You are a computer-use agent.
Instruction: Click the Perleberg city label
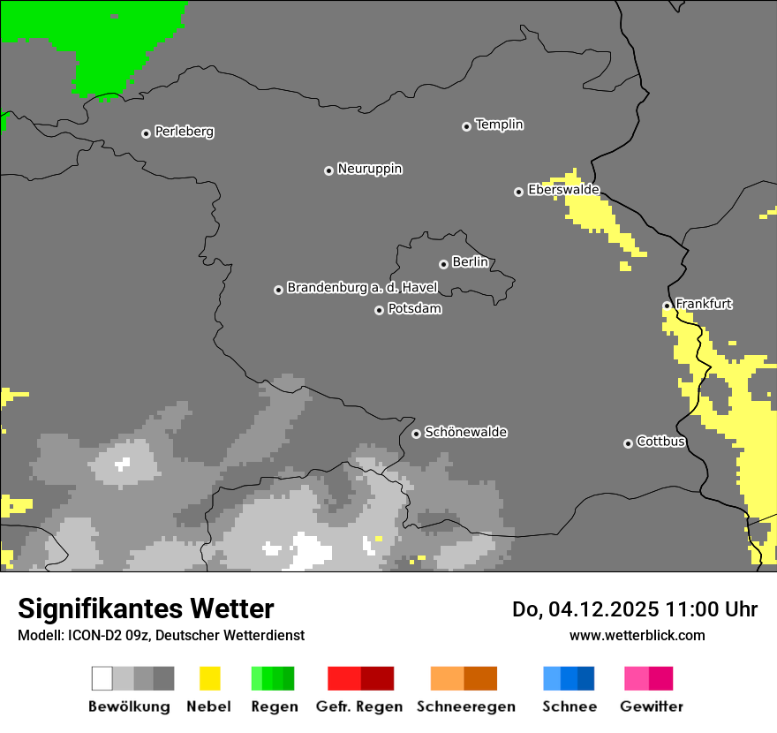(184, 132)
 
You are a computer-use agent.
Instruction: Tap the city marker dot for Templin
(466, 126)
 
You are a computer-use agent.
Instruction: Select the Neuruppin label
(369, 169)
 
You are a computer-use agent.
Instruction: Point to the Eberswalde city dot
(518, 192)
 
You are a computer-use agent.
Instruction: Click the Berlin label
(470, 262)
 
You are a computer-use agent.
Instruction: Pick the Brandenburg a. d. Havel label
(362, 288)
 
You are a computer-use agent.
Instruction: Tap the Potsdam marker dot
(379, 310)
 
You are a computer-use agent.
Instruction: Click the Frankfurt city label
(704, 304)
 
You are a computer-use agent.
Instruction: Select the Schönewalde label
(465, 432)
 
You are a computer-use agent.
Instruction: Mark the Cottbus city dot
(628, 443)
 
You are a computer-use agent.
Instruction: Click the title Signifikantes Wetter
(146, 608)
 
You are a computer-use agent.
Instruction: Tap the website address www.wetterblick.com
(637, 635)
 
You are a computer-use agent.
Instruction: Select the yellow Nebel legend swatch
(209, 678)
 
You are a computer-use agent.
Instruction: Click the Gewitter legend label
(651, 707)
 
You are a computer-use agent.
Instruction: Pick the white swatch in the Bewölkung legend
(102, 678)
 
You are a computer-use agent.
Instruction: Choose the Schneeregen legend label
(465, 707)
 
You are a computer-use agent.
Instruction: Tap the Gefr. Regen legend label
(359, 707)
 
